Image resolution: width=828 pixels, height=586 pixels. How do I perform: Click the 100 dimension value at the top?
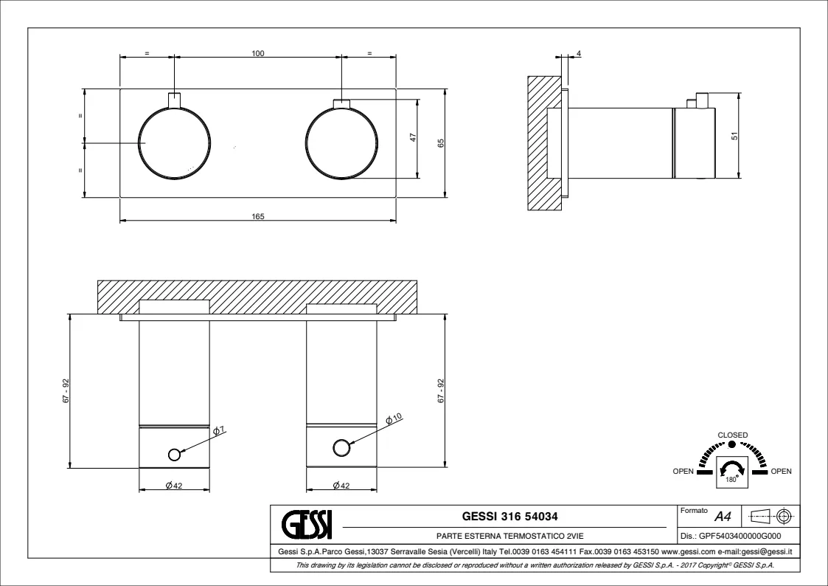tap(258, 53)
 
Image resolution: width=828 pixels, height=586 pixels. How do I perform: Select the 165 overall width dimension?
tap(258, 216)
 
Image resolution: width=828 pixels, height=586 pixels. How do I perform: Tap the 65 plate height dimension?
tap(441, 142)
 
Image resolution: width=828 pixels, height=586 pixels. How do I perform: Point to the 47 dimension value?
tap(414, 137)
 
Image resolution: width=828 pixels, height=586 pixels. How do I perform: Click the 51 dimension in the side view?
tap(734, 136)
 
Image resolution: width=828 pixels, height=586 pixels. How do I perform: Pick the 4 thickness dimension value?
tap(579, 53)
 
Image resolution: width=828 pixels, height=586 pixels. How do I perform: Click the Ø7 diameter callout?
tap(219, 431)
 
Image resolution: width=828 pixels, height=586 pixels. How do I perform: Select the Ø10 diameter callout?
tap(394, 419)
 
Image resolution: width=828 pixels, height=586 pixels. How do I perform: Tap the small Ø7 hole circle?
tap(174, 454)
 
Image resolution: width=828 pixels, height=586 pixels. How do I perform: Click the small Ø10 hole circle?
tap(341, 448)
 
